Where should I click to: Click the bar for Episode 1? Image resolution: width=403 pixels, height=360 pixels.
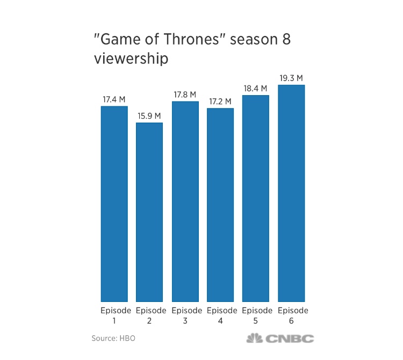[x=114, y=204]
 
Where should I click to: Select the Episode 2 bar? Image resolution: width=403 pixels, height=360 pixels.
[x=149, y=212]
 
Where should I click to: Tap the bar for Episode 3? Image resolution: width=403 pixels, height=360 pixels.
[x=185, y=201]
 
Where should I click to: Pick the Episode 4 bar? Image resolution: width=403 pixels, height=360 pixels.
[x=220, y=205]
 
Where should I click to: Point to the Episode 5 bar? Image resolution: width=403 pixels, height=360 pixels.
[x=256, y=198]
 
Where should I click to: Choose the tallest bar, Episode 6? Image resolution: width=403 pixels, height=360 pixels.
[x=291, y=193]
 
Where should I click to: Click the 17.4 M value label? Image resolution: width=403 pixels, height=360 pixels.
[x=114, y=99]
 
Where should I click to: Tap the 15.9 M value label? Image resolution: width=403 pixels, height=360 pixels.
[x=149, y=116]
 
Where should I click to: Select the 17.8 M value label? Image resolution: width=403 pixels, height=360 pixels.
[x=185, y=94]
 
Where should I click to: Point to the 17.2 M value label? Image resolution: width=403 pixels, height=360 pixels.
[x=220, y=101]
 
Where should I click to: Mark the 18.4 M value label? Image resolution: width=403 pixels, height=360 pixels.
[x=256, y=88]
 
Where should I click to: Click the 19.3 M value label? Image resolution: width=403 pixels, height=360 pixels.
[x=291, y=78]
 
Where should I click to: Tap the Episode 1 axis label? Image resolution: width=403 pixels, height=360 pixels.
[x=114, y=315]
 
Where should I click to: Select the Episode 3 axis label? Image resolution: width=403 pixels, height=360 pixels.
[x=185, y=315]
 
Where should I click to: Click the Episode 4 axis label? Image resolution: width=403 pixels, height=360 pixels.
[x=220, y=315]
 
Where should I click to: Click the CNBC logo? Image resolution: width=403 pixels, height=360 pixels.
[x=279, y=339]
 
